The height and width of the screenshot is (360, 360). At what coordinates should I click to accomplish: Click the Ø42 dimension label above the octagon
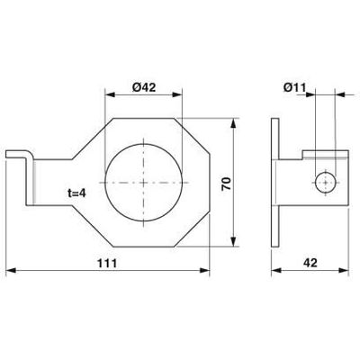144,87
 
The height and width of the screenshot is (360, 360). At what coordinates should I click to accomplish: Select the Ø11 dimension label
294,87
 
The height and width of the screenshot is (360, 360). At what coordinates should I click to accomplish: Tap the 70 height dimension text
227,184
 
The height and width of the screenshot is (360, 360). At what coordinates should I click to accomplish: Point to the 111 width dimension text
107,263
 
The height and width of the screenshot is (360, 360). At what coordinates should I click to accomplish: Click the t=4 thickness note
76,193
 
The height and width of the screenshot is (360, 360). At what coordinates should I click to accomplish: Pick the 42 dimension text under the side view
310,263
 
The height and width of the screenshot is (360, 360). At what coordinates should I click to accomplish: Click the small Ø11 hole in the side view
326,183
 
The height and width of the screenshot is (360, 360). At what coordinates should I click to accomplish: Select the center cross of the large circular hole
144,183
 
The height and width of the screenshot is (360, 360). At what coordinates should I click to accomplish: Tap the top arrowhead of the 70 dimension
233,123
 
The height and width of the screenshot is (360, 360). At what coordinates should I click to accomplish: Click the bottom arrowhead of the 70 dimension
233,241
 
